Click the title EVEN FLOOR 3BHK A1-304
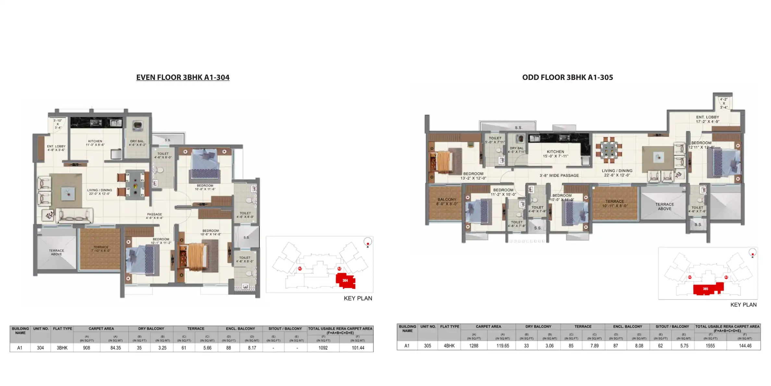pos(183,77)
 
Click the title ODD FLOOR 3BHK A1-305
pos(567,77)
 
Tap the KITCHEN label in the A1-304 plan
pos(95,143)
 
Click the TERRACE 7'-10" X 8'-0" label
pos(101,249)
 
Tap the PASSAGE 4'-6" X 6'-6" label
pos(154,216)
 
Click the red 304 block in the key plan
pos(345,280)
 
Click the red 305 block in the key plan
pos(706,289)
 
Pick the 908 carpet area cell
pos(86,348)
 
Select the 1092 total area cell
pos(323,348)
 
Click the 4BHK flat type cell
pos(449,346)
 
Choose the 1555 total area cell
pos(710,346)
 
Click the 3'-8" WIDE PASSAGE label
pos(559,175)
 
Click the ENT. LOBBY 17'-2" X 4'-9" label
pos(707,119)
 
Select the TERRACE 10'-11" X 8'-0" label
pos(615,203)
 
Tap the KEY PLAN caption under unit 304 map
pos(358,298)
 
